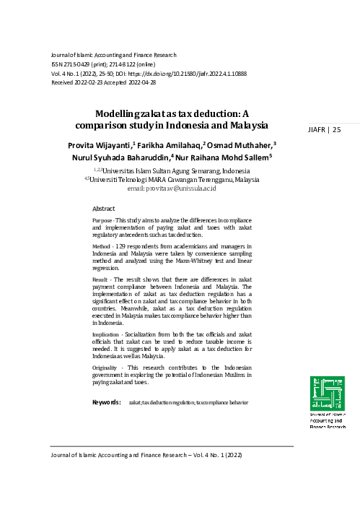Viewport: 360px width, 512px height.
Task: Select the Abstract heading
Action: (104, 207)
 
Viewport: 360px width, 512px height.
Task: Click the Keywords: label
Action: (106, 402)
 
